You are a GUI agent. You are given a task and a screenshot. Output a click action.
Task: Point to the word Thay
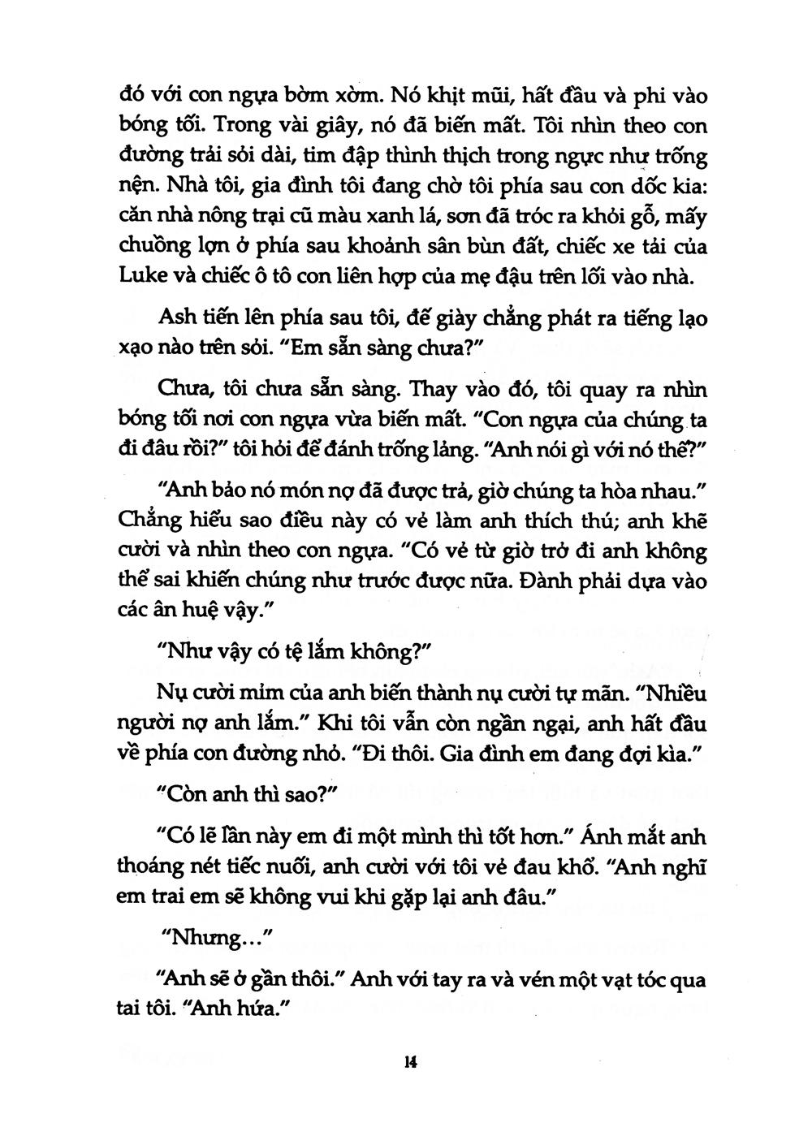click(x=436, y=390)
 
